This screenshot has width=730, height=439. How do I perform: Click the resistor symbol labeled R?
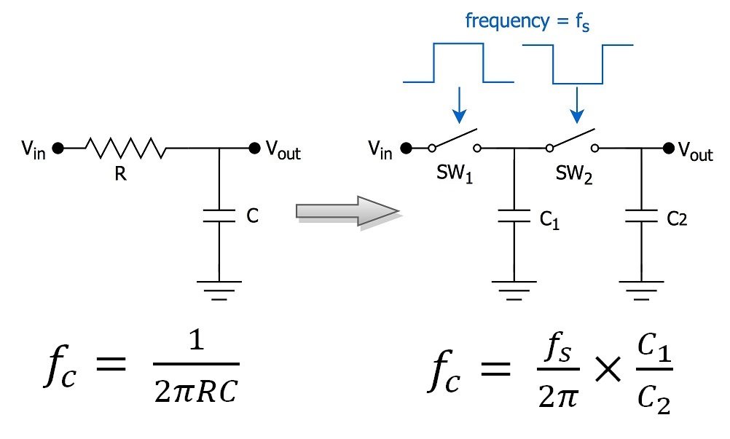click(x=125, y=149)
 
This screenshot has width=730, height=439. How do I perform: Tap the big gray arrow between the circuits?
click(x=347, y=212)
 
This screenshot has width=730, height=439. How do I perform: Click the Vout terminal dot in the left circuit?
click(x=254, y=149)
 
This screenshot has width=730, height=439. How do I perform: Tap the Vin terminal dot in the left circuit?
click(x=58, y=149)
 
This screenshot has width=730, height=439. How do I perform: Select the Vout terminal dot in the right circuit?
click(x=667, y=149)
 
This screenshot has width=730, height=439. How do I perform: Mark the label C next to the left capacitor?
click(x=253, y=216)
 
